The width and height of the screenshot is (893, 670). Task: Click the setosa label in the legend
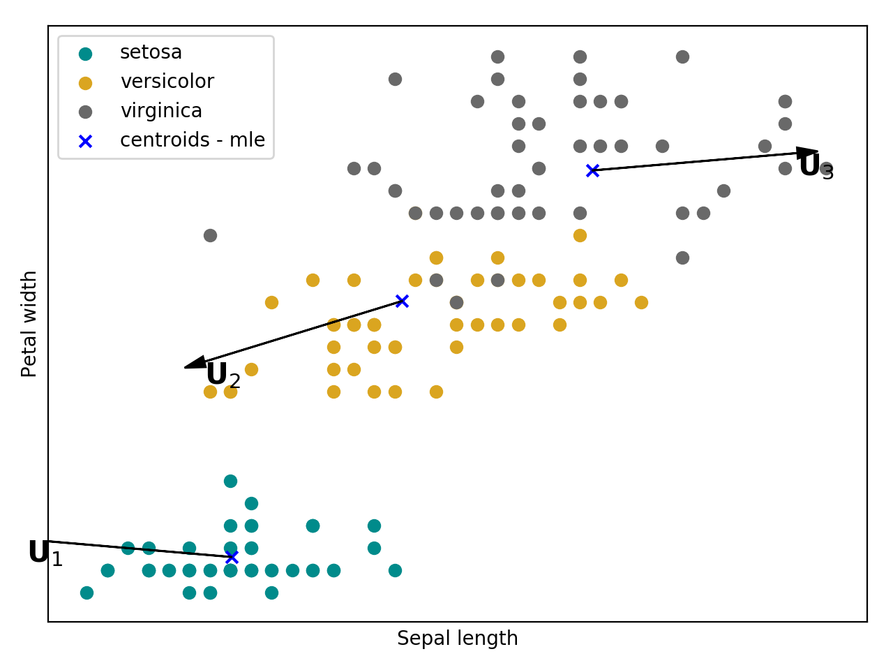pos(151,52)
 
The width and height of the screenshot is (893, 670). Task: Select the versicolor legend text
pos(167,82)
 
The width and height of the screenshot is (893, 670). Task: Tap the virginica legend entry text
pos(161,111)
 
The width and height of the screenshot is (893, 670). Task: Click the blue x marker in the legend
pos(85,141)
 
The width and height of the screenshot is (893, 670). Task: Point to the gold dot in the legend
pos(85,83)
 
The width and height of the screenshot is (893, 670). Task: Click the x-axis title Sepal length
pos(457,639)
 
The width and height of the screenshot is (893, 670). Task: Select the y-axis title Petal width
pos(29,324)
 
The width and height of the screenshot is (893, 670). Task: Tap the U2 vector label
pos(223,375)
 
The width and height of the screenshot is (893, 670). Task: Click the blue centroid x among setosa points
pos(232,557)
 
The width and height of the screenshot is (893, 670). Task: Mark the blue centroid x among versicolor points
pos(402,301)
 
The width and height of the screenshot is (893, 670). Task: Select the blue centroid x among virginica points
pos(592,170)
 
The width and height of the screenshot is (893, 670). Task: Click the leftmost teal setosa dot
pos(87,593)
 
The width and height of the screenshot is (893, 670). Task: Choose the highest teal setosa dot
pos(230,481)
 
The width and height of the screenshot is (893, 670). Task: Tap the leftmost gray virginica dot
pos(210,235)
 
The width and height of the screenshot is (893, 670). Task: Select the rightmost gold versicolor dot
pos(641,302)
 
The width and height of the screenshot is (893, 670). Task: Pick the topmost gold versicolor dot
pos(580,235)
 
